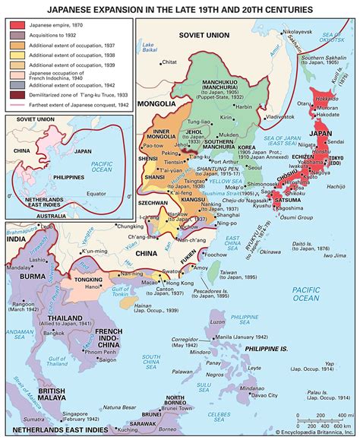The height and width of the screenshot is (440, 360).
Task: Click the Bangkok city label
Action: [x=54, y=331]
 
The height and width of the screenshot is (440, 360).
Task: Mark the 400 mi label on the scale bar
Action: [x=341, y=415]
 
